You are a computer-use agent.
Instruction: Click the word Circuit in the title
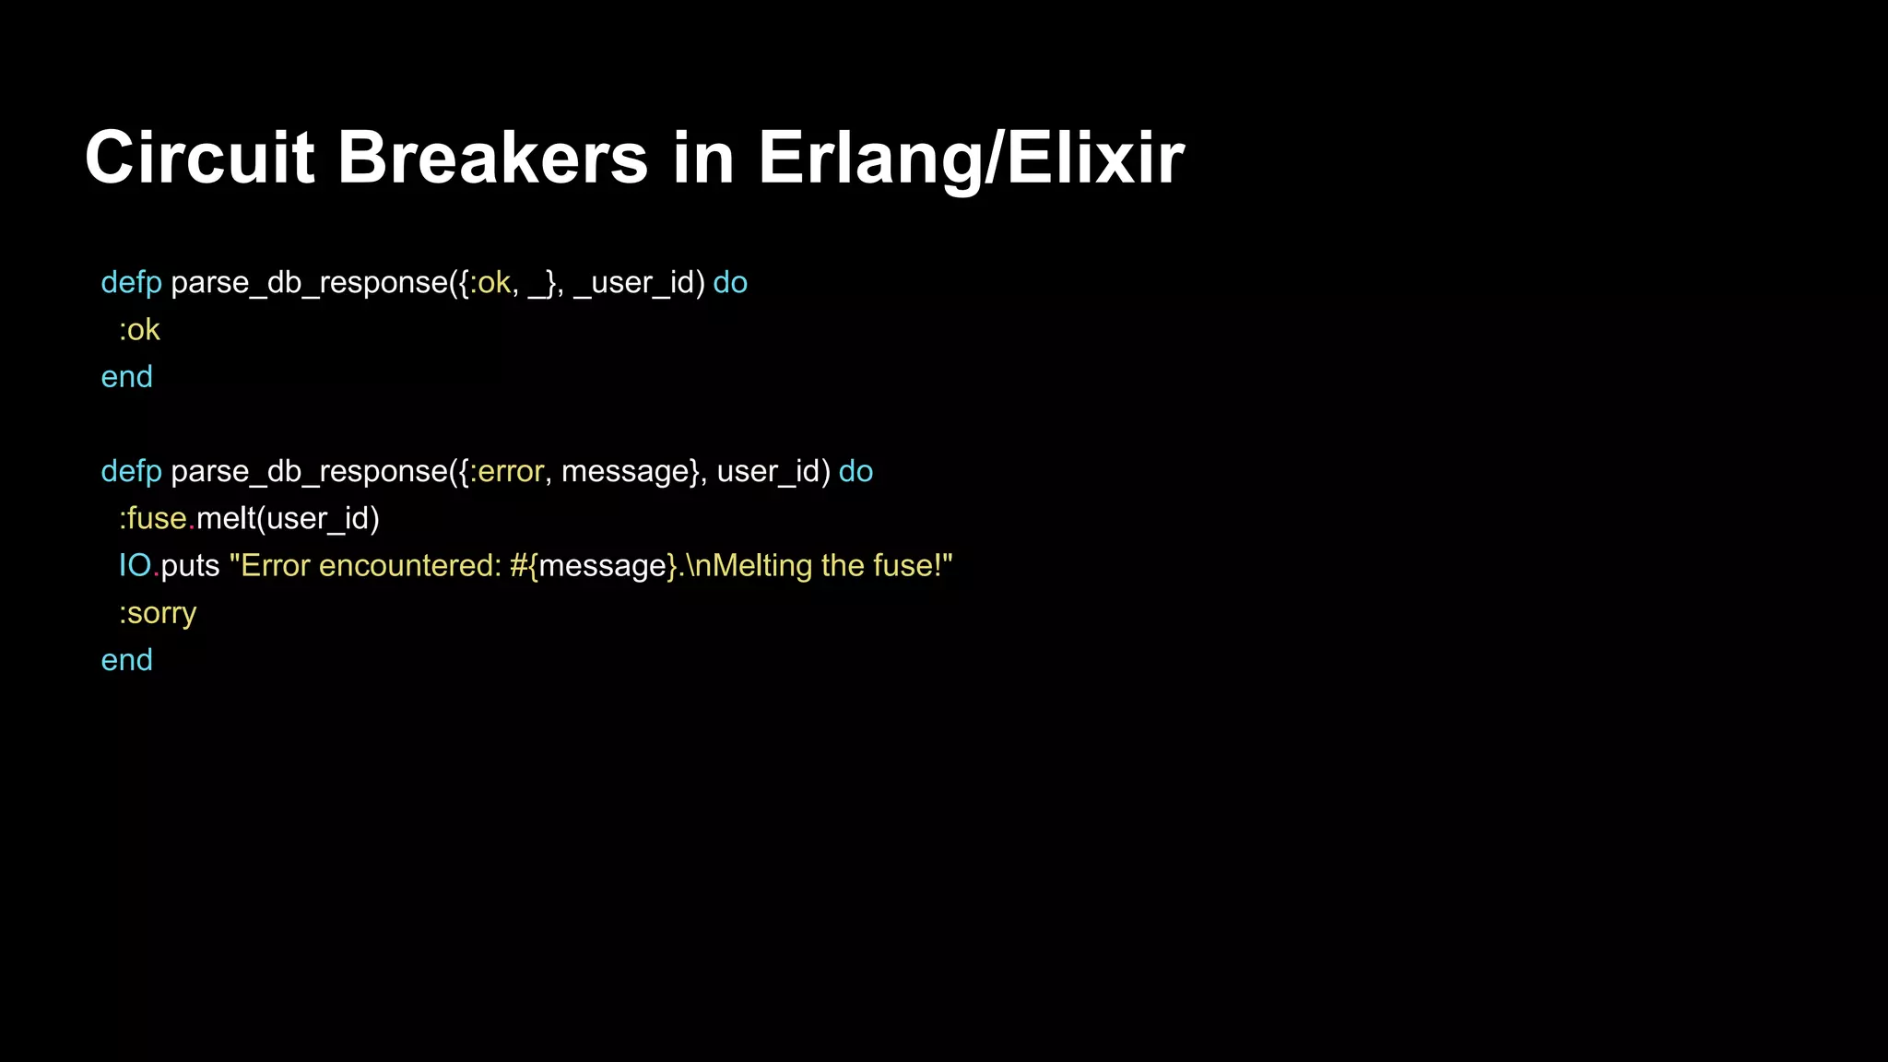pos(199,158)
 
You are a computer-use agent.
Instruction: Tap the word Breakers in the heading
pos(492,158)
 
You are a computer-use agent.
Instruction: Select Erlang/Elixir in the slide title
pos(971,158)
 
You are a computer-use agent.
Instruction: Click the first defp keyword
pos(131,283)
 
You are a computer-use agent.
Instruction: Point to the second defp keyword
pos(131,472)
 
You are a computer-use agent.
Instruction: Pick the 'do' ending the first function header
pos(730,283)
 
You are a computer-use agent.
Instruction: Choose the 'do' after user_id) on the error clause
pos(855,472)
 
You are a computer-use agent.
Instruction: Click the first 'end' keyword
pos(126,377)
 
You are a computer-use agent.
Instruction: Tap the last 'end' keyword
pos(126,660)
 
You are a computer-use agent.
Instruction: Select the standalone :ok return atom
pos(139,330)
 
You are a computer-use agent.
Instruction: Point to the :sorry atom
pos(158,613)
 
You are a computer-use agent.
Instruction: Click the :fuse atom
pos(153,519)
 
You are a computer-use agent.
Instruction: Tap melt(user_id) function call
pos(288,519)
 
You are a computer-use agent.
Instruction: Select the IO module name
pos(135,566)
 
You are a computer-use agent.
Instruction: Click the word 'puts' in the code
pos(190,566)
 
